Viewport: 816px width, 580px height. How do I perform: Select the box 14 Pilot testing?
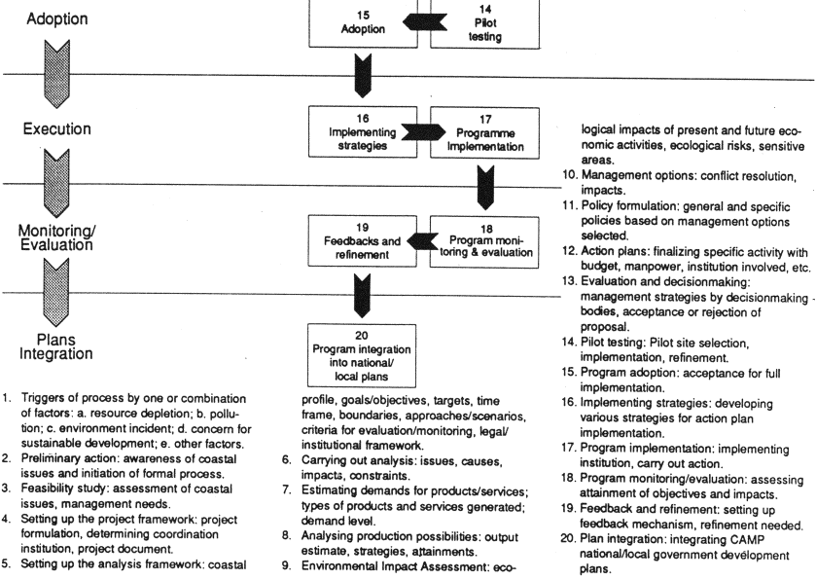[x=476, y=23]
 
